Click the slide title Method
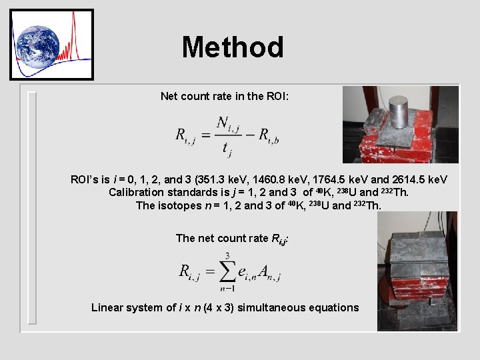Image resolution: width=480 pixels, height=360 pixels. (233, 47)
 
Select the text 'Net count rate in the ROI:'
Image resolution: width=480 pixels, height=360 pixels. (225, 97)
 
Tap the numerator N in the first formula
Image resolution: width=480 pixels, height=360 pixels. (223, 125)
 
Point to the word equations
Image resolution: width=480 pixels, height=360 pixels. (336, 307)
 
